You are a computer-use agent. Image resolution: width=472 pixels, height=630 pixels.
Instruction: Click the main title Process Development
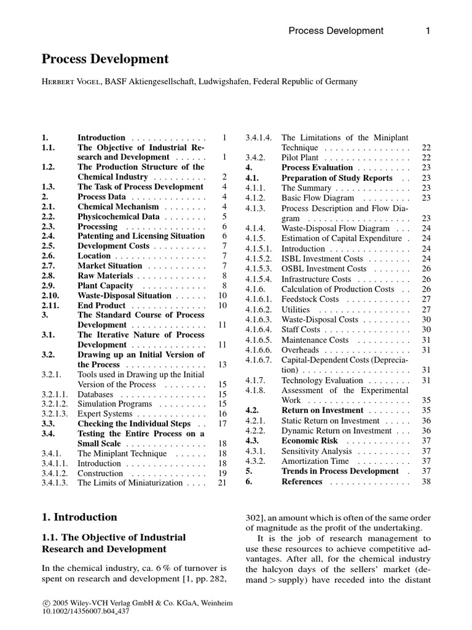(104, 59)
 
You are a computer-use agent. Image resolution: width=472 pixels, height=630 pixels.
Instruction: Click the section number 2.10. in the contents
(52, 295)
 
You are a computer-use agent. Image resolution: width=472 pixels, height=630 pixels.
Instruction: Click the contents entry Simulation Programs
(114, 404)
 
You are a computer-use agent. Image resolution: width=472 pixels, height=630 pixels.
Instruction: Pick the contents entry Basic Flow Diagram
(318, 198)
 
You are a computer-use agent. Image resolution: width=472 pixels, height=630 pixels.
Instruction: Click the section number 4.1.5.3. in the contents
(259, 269)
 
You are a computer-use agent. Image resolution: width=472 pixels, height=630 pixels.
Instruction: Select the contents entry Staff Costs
(301, 330)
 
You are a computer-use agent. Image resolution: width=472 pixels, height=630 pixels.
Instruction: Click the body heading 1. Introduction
(79, 517)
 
